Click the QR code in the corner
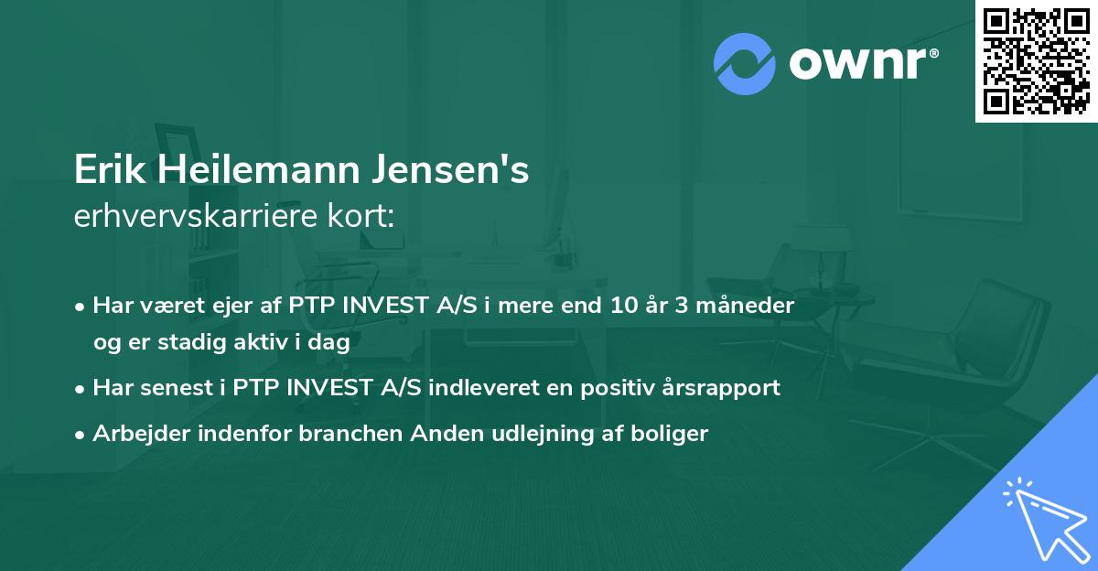(1036, 60)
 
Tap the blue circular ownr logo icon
(745, 63)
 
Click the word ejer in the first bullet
(230, 305)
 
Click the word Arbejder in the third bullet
(134, 434)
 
